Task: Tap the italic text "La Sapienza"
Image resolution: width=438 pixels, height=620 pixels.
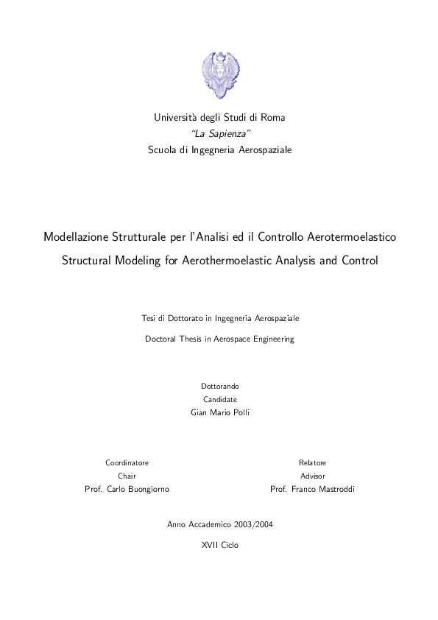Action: [x=219, y=133]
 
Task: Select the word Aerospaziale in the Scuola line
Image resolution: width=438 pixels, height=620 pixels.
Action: [x=262, y=149]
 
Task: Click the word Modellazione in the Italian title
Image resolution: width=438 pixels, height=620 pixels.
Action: [x=77, y=238]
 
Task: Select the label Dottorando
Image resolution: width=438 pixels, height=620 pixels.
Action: [x=219, y=387]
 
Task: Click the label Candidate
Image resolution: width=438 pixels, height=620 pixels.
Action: [x=219, y=399]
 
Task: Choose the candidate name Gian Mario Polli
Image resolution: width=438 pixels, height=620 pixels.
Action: [x=219, y=412]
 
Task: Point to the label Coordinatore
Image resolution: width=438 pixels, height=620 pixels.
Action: [x=127, y=462]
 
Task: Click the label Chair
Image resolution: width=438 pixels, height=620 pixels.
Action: [x=127, y=476]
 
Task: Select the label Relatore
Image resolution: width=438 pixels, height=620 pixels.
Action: [x=312, y=462]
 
